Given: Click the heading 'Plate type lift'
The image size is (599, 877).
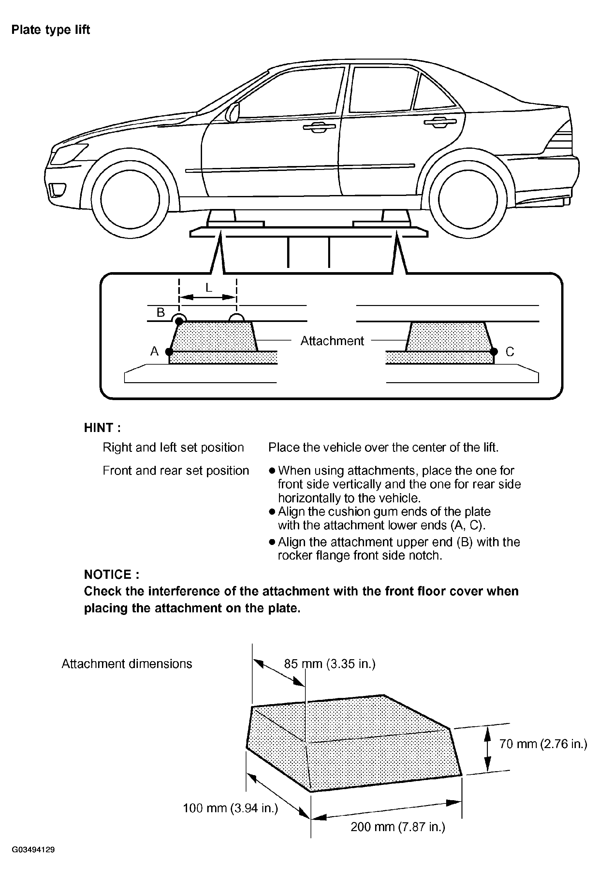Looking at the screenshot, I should [x=51, y=30].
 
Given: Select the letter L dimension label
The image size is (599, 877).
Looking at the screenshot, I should [x=209, y=288].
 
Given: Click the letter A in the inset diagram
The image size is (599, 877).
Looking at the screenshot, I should [x=154, y=351].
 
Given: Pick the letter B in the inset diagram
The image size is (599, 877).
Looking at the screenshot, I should [x=161, y=313].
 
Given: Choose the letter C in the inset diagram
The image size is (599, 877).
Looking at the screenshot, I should [x=510, y=352].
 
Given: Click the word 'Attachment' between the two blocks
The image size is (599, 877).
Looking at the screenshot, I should [x=332, y=341].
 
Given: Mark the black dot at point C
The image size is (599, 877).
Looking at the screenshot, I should [x=494, y=352].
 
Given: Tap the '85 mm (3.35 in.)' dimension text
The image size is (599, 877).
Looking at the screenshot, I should [x=330, y=664].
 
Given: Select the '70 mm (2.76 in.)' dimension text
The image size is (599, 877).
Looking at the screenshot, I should [x=543, y=744].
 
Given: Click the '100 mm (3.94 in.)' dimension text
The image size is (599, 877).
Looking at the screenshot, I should [x=230, y=808].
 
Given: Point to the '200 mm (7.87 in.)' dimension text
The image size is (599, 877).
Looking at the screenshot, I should [x=398, y=827].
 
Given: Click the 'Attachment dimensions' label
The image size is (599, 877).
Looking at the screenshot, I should [x=127, y=664].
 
